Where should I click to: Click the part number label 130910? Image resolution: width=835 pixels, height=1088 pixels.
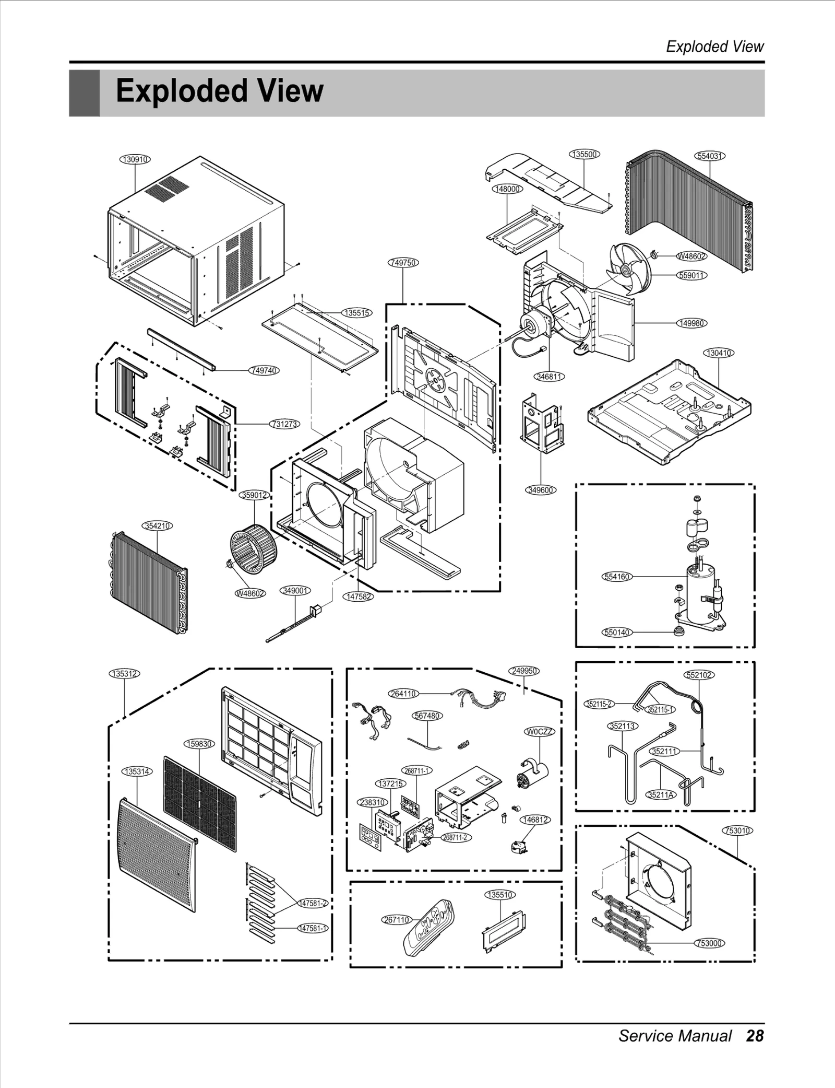(x=135, y=159)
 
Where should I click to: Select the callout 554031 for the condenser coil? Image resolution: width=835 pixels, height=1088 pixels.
(x=710, y=156)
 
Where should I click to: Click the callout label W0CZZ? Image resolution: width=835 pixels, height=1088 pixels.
(x=539, y=732)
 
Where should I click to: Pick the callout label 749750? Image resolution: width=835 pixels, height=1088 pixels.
(x=403, y=263)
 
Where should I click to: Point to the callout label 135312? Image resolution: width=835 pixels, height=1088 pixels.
(x=125, y=674)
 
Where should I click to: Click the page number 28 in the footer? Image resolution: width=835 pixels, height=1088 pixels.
(x=755, y=1036)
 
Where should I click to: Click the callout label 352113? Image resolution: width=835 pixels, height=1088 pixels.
(x=623, y=726)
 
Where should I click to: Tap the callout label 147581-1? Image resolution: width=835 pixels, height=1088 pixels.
(x=312, y=928)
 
